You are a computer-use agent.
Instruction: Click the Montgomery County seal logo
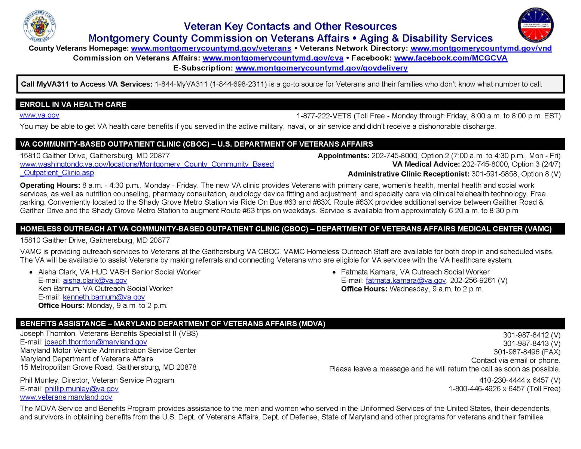click(39, 27)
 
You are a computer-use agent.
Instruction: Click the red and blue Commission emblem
click(535, 26)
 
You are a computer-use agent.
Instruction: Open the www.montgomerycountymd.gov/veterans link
click(211, 48)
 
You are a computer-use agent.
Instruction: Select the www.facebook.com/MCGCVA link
click(450, 58)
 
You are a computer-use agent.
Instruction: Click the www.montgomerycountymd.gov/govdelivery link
click(321, 68)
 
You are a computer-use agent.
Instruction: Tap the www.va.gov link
click(39, 115)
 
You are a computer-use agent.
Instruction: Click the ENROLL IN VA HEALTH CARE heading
click(73, 104)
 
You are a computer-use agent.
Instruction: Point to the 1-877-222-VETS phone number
click(324, 116)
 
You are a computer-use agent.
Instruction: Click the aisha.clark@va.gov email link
click(95, 280)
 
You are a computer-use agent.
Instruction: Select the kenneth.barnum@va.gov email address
click(104, 297)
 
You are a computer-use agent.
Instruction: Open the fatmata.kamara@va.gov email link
click(406, 280)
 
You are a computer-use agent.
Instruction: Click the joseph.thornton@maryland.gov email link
click(96, 342)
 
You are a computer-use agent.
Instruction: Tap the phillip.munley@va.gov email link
click(82, 389)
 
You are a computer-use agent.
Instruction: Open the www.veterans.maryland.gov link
click(66, 397)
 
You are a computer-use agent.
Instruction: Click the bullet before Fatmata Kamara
click(334, 272)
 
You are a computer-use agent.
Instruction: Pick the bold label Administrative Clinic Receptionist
click(408, 174)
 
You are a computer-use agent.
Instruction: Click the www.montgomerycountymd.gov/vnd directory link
click(481, 48)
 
